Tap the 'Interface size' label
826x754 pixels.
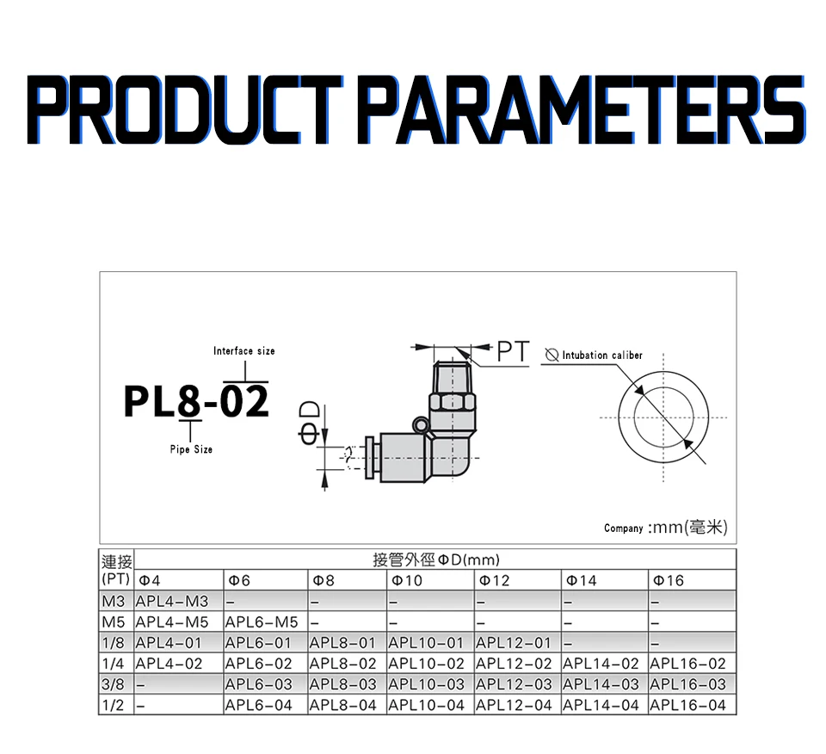pyautogui.click(x=243, y=351)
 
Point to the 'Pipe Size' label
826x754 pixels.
pyautogui.click(x=191, y=449)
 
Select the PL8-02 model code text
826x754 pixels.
pyautogui.click(x=196, y=401)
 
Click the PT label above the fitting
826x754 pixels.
pyautogui.click(x=513, y=352)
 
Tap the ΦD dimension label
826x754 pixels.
pyautogui.click(x=309, y=423)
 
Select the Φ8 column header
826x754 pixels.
pyautogui.click(x=324, y=581)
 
